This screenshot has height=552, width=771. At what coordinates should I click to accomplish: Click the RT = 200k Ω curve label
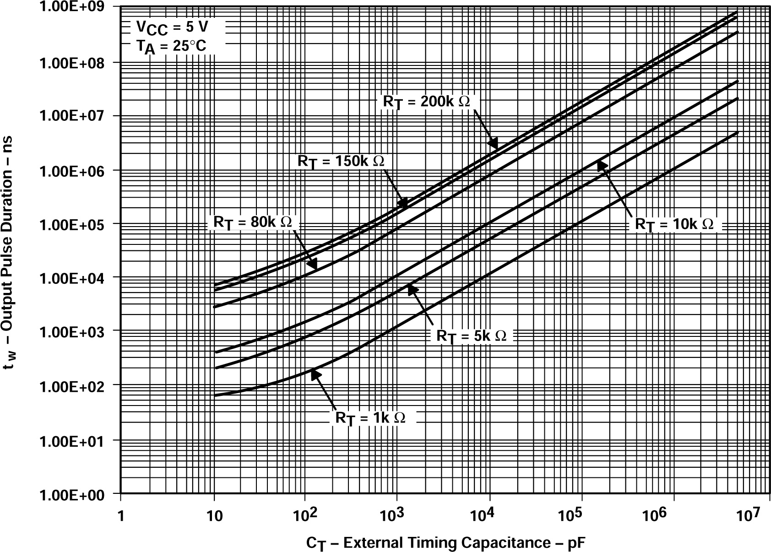pyautogui.click(x=426, y=102)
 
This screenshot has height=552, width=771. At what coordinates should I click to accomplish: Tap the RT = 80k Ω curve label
pyautogui.click(x=252, y=222)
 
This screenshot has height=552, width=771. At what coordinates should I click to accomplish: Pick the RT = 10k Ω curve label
pyautogui.click(x=673, y=224)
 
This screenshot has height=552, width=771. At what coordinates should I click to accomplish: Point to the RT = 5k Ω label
pyautogui.click(x=471, y=336)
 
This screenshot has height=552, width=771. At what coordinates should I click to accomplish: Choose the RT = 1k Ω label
pyautogui.click(x=370, y=418)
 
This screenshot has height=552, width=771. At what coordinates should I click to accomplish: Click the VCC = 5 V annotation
pyautogui.click(x=172, y=28)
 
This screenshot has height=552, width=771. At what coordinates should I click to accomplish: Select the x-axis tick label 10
pyautogui.click(x=214, y=516)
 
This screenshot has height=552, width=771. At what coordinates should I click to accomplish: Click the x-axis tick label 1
pyautogui.click(x=120, y=516)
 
